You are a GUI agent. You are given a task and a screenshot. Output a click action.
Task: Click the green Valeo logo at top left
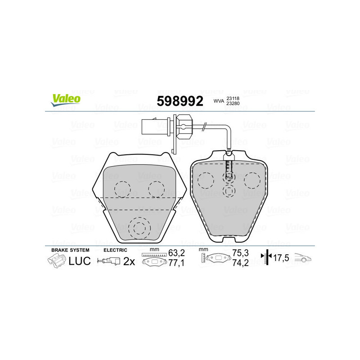pos(66,100)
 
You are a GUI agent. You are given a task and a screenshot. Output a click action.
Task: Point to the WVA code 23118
pos(233,99)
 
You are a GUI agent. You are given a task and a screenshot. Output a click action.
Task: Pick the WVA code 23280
pos(233,104)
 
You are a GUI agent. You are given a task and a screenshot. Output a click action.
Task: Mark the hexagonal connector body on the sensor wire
pos(183,125)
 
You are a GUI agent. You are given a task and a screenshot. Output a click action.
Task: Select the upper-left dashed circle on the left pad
pos(122,189)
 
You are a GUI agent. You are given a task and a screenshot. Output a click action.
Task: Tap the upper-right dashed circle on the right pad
pos(252,181)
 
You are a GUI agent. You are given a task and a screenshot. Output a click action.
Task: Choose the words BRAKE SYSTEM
pos(70,250)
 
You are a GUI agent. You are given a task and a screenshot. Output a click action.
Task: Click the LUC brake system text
pos(80,261)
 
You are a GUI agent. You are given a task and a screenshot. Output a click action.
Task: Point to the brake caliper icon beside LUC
pos(56,261)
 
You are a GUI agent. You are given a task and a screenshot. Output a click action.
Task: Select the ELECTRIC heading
pos(116,250)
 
